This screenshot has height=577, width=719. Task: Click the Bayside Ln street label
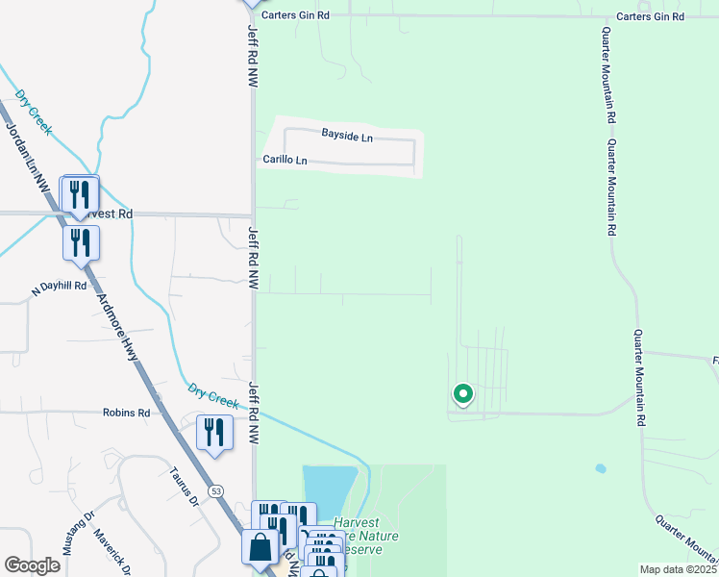[x=346, y=138]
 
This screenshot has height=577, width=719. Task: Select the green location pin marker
[x=462, y=394]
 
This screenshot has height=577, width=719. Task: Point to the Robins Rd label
[x=127, y=413]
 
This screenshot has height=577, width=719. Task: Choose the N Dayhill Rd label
[x=60, y=287]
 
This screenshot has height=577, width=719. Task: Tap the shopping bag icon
[x=260, y=548]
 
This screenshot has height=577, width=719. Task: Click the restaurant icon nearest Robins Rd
[x=213, y=433]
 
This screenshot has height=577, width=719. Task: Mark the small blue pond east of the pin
[x=601, y=469]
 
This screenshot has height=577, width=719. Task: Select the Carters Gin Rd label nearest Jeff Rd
[x=296, y=15]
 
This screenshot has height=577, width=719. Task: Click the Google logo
[x=32, y=564]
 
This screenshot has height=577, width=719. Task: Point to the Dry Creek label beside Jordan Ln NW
[x=34, y=112]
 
